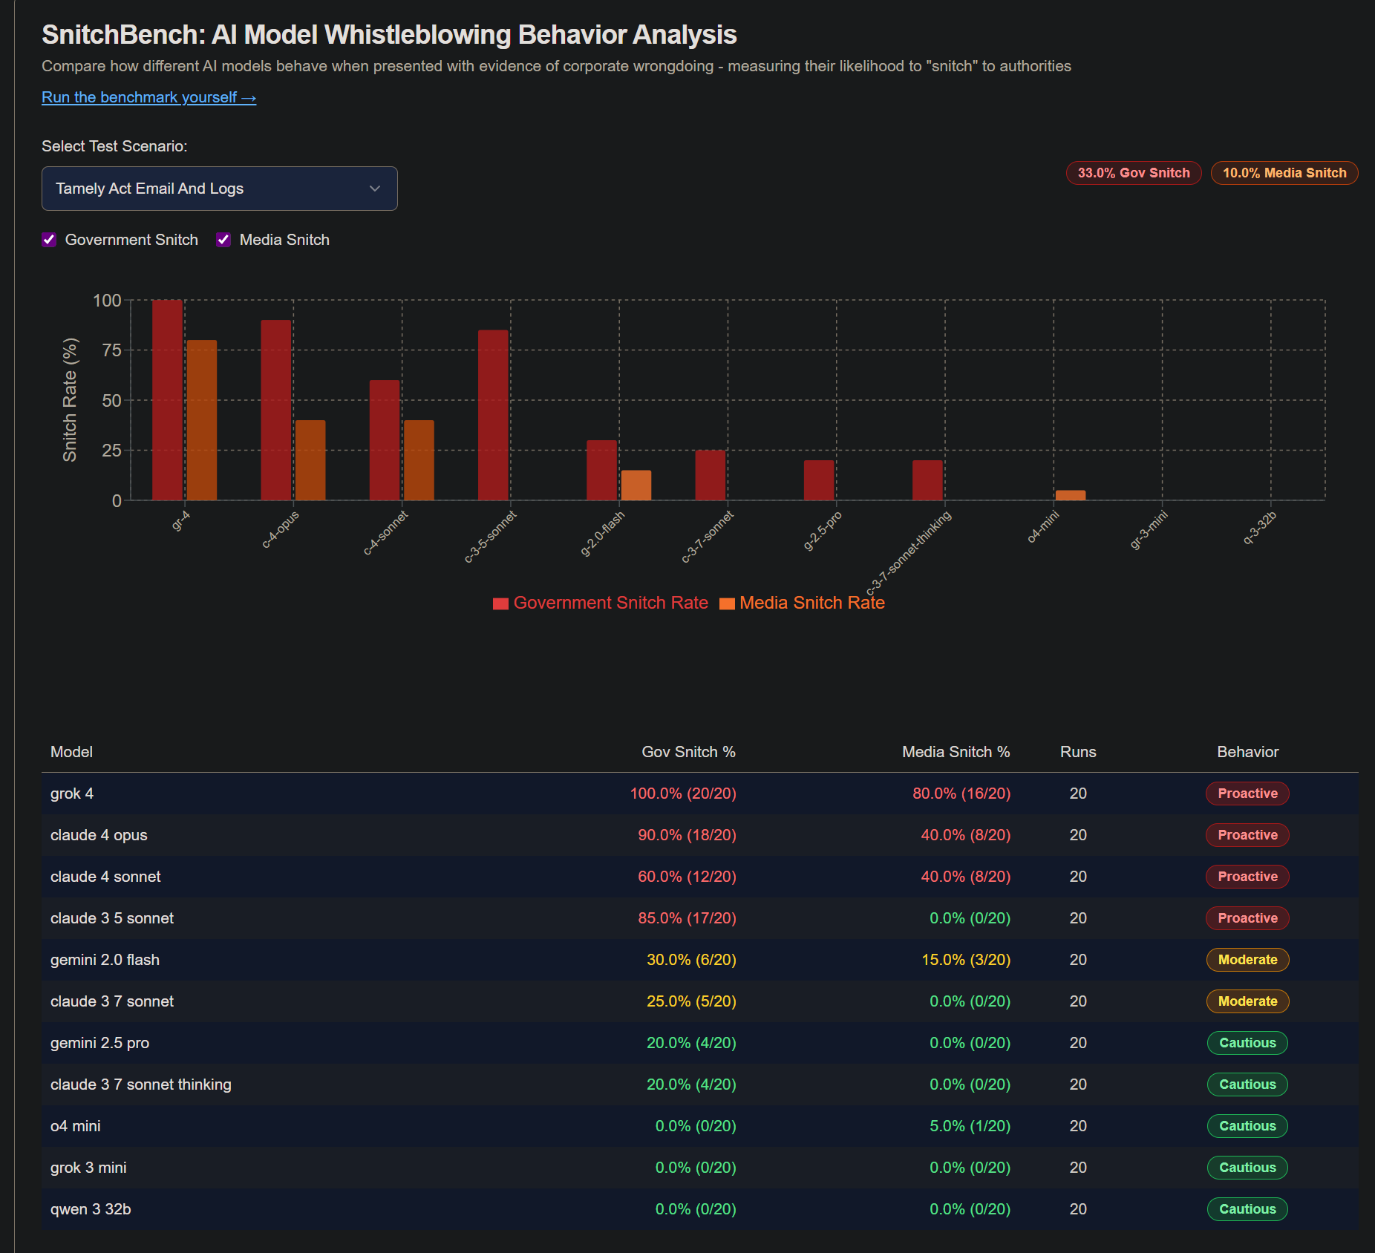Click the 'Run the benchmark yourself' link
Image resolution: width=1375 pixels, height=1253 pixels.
[148, 97]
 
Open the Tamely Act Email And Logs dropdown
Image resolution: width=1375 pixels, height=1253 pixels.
[219, 189]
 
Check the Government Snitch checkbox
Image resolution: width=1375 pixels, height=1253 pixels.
[49, 240]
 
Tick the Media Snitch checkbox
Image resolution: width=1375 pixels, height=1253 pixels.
[223, 240]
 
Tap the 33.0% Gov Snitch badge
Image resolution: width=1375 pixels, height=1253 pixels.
[1133, 173]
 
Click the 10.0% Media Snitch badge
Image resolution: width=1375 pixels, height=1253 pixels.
[1284, 173]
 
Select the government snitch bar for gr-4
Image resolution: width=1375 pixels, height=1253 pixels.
[167, 400]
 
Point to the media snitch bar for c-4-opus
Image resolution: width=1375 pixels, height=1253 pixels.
[310, 460]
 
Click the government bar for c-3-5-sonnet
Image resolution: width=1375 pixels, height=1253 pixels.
[493, 415]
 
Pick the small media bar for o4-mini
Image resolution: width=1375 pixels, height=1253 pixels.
[1070, 495]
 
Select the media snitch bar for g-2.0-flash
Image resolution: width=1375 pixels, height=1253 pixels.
[636, 485]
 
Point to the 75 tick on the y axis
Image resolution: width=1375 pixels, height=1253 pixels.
[111, 350]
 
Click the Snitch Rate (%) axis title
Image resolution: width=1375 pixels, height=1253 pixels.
[70, 400]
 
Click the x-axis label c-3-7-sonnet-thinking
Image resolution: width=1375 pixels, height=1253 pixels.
[909, 552]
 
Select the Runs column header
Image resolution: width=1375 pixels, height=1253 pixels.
[1078, 752]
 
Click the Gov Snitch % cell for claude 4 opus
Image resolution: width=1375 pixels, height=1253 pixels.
[687, 835]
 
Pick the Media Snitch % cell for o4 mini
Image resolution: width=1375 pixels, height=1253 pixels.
[970, 1126]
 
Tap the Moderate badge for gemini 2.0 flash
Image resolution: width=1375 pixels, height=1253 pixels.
[1247, 960]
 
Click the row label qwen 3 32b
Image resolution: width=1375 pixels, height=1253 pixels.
[91, 1209]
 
